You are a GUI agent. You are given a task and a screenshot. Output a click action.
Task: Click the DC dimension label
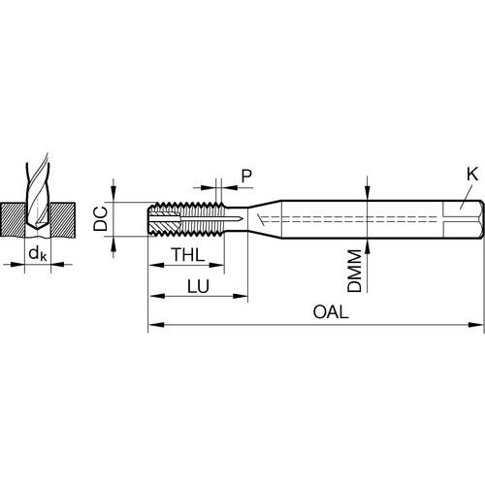coord(100,219)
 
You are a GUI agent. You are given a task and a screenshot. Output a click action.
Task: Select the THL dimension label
coord(188,254)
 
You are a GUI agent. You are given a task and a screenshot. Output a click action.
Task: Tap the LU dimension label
coord(198,286)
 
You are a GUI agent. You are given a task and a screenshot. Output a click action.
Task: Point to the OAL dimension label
coord(331,312)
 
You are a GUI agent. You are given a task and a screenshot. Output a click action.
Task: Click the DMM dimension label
coord(354,271)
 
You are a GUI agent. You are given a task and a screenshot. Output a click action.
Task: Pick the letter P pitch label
coord(246,176)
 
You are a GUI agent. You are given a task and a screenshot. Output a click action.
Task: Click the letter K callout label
coord(472,175)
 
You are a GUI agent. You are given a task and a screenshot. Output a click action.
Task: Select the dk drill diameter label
coord(38,253)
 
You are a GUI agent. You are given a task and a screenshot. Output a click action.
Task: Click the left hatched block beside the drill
coord(13,219)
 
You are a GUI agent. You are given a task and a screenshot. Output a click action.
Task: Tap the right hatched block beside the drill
coord(62,219)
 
